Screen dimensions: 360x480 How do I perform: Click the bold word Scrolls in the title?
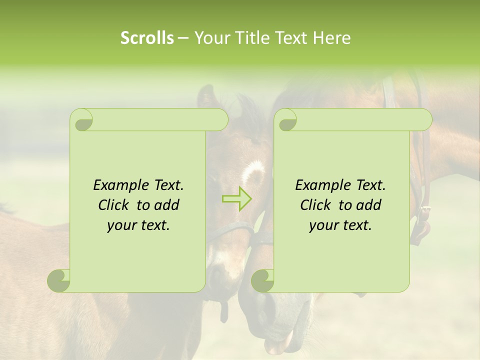(x=147, y=37)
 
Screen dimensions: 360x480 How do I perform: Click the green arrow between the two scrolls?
(x=236, y=199)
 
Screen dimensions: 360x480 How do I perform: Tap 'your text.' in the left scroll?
(x=138, y=225)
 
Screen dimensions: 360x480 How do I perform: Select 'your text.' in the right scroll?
(x=340, y=225)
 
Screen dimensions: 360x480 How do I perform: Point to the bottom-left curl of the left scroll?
(x=59, y=281)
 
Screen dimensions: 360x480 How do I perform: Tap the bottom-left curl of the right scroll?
(x=262, y=281)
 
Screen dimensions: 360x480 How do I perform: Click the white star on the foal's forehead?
(x=253, y=172)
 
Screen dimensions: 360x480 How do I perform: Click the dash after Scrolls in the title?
(x=183, y=37)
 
